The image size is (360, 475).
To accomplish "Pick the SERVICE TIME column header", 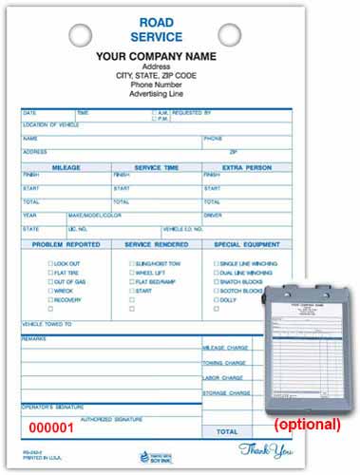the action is [x=156, y=167].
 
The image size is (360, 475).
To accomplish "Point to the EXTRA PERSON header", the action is [x=246, y=167].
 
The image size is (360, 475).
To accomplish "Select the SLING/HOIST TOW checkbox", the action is [x=131, y=263].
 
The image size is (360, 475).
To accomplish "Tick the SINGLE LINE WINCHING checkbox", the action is [x=216, y=263].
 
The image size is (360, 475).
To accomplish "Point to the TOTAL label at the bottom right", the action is [x=227, y=431].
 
